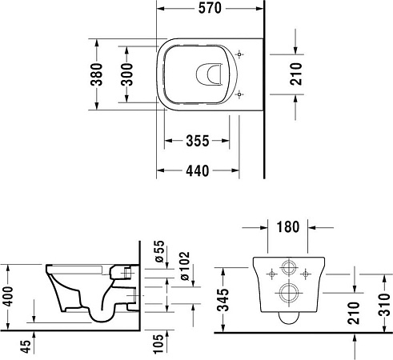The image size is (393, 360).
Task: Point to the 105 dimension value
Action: point(160,342)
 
